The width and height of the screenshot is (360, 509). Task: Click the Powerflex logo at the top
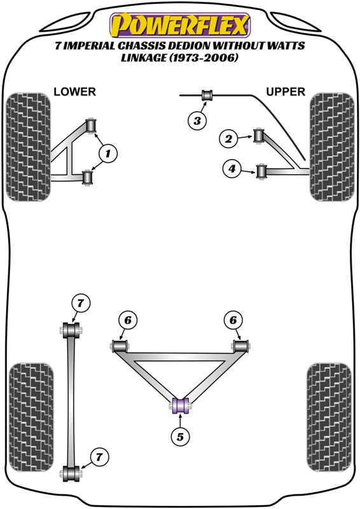point(180,25)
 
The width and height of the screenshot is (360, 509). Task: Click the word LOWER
point(74,92)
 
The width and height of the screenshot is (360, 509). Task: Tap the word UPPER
point(286,92)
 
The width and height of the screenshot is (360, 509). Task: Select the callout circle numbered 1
point(107,153)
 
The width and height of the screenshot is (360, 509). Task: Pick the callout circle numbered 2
point(228,139)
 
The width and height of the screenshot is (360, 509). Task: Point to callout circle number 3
point(197,121)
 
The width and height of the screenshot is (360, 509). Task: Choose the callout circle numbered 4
point(232,169)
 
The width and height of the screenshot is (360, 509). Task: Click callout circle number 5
point(180,436)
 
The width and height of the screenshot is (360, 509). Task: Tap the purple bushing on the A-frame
point(180,405)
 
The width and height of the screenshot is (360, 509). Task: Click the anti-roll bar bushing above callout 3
point(207,95)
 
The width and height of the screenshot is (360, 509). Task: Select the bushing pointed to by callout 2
point(259,136)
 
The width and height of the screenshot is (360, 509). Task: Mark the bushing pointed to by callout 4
point(261,172)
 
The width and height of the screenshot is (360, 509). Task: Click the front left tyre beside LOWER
point(28,147)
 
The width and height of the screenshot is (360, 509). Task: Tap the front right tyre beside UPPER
point(332,147)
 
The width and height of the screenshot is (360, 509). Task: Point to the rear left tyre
point(31,417)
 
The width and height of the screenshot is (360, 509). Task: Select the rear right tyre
point(329,417)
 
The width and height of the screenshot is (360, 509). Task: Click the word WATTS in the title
point(286,45)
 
